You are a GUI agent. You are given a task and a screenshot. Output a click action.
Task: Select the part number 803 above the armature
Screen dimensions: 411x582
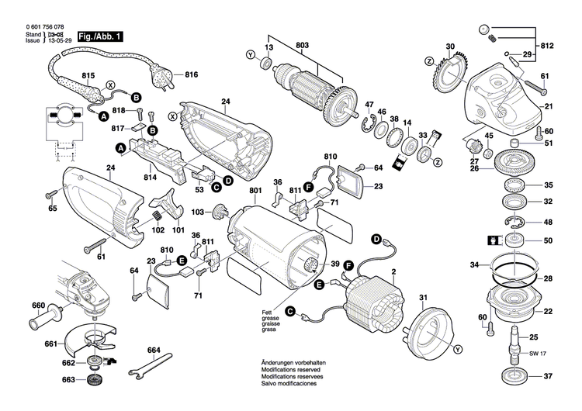pyautogui.click(x=300, y=45)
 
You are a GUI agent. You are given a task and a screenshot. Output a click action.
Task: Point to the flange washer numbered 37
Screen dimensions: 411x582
pyautogui.click(x=512, y=377)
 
